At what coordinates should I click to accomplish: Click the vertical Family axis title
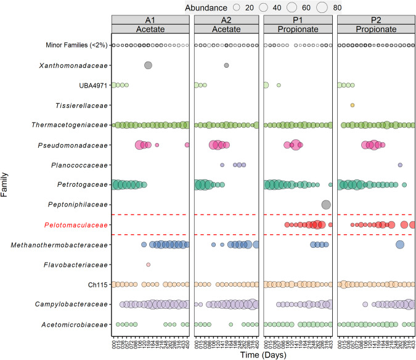[6, 185]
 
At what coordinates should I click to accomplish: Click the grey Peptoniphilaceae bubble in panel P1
[326, 205]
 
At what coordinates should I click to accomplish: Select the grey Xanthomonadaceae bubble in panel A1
[148, 65]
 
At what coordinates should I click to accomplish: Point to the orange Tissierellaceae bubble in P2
[353, 105]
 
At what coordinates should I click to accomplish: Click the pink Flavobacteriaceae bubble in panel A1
[148, 264]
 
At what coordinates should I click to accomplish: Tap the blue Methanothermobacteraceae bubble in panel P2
[399, 245]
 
